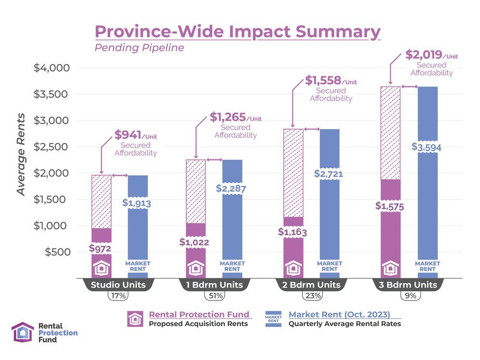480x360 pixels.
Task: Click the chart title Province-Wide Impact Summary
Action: point(238,31)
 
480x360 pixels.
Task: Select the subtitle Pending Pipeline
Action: point(139,48)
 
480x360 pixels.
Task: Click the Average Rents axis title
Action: point(21,155)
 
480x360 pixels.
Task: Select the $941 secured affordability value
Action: point(129,135)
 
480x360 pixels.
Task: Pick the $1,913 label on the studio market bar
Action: point(137,203)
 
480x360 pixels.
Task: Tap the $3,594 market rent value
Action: point(427,147)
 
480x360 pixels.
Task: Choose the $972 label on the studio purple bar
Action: point(100,249)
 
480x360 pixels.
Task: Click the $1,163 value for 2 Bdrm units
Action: point(293,232)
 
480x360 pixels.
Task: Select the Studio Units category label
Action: point(118,285)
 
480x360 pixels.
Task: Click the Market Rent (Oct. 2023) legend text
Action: point(339,315)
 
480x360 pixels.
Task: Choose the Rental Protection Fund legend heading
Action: point(199,314)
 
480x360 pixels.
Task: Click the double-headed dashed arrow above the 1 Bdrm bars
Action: point(214,160)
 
